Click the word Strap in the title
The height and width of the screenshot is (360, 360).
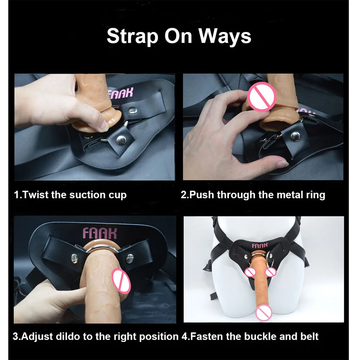pyautogui.click(x=133, y=36)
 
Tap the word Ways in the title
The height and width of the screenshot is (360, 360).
pyautogui.click(x=225, y=36)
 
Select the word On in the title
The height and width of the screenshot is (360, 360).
pyautogui.click(x=178, y=36)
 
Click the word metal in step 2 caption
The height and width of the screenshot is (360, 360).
pyautogui.click(x=290, y=195)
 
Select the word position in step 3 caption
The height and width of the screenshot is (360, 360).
pyautogui.click(x=159, y=337)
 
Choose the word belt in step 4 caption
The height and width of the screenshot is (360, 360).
pyautogui.click(x=309, y=337)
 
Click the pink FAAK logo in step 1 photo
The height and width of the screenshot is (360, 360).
pyautogui.click(x=120, y=93)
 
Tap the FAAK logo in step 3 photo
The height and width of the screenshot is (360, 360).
pyautogui.click(x=100, y=234)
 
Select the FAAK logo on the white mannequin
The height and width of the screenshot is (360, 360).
pyautogui.click(x=260, y=246)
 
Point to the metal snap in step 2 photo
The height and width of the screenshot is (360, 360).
pyautogui.click(x=295, y=136)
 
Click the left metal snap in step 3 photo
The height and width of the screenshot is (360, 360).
pyautogui.click(x=75, y=258)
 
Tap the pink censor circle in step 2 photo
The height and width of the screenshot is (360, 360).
pyautogui.click(x=262, y=96)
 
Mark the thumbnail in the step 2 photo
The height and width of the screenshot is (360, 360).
pyautogui.click(x=283, y=164)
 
